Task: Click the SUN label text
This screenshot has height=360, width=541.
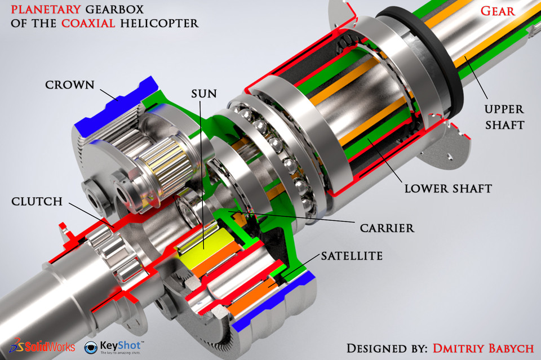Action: click(x=203, y=93)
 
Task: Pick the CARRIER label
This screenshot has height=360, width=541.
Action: click(x=387, y=228)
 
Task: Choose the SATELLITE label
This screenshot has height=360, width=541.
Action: click(x=352, y=256)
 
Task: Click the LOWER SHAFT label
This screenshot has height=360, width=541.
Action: click(x=448, y=188)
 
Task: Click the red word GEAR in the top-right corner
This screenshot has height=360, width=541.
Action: click(x=497, y=11)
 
